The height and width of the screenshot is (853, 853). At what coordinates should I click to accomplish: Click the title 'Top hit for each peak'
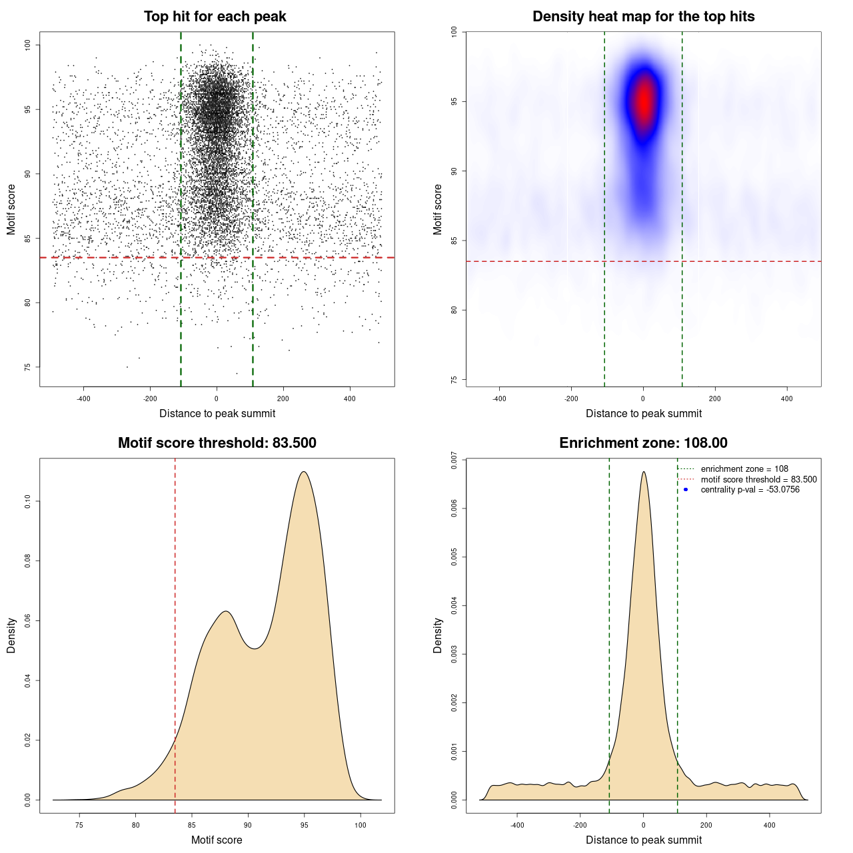tap(215, 17)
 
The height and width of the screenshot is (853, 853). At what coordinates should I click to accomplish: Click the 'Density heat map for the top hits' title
tap(643, 17)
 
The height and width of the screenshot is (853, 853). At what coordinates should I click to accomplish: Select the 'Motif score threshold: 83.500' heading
tap(217, 443)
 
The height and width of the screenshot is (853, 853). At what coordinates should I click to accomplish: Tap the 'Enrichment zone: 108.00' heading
tap(643, 443)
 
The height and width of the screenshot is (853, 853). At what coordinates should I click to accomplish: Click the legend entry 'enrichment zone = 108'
tap(744, 469)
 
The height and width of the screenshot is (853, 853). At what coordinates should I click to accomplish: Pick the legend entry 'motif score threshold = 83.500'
tap(758, 480)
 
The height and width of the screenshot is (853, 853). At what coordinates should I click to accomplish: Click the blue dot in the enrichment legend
tap(686, 490)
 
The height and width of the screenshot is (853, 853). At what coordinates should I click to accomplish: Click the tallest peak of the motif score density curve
tap(304, 472)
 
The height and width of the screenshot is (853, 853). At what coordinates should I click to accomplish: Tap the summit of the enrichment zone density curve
tap(643, 472)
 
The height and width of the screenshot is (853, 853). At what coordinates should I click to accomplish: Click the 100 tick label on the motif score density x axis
tap(361, 825)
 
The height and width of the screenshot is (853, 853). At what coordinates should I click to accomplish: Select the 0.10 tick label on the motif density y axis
tap(28, 501)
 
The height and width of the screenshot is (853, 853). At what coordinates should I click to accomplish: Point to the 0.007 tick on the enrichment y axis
tap(454, 460)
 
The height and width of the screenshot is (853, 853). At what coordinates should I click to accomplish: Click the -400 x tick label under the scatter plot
tap(83, 399)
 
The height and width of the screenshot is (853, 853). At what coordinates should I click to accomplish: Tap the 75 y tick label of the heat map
tap(454, 380)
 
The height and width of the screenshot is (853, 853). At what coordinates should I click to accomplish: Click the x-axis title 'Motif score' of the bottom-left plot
tap(217, 840)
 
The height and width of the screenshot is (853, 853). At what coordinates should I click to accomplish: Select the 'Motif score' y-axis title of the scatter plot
tap(11, 209)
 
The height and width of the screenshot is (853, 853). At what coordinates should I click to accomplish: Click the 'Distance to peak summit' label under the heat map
tap(643, 413)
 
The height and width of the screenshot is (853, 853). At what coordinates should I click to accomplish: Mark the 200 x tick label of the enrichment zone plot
tap(706, 825)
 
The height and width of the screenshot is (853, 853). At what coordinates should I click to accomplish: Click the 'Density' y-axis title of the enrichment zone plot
tap(438, 635)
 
